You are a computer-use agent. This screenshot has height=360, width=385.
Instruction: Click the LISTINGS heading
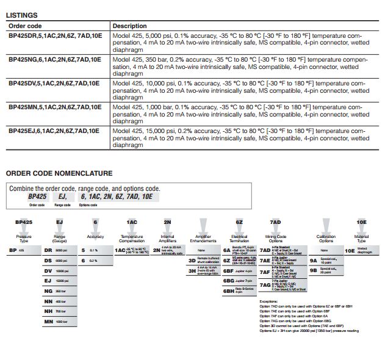pos(21,15)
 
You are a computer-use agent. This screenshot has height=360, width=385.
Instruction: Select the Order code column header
pos(26,26)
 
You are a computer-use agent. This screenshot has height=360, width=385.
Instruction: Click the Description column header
pos(130,26)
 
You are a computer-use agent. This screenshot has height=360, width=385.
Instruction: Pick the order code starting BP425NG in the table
pos(54,59)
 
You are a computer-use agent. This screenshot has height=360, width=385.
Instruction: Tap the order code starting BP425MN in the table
pos(54,107)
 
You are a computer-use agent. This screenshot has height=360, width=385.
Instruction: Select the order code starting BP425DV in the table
pos(54,83)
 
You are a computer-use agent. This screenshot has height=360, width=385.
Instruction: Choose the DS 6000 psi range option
pos(56,261)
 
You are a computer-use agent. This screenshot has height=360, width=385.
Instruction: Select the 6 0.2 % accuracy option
pos(89,261)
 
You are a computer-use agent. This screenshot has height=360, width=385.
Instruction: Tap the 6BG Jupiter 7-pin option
pos(237,281)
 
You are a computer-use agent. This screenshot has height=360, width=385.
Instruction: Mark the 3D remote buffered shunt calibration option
pos(201,261)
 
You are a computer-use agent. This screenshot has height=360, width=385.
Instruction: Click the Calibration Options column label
pos(326,239)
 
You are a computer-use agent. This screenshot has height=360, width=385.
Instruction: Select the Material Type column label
pos(362,239)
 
